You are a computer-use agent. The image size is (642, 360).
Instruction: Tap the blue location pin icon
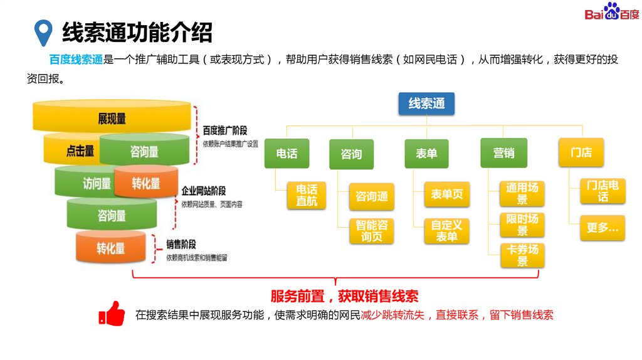coord(43,32)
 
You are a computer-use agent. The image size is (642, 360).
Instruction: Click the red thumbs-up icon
coord(112,314)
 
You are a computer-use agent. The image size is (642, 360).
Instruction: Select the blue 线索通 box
coord(426,103)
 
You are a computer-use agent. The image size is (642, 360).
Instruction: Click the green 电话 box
coord(287,153)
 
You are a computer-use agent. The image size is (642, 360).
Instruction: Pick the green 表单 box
coord(426,153)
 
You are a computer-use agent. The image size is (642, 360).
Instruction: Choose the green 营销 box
coord(503,153)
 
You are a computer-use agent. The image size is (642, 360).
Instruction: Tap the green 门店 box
coord(581,152)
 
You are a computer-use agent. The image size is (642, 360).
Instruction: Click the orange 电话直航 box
coord(307,195)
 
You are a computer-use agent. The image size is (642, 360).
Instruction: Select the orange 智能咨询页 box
coord(372,230)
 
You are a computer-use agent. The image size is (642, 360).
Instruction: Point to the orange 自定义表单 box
coord(447,230)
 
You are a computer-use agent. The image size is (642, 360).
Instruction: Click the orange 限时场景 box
coord(522,225)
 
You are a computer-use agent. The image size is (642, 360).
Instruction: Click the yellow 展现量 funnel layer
coord(112,119)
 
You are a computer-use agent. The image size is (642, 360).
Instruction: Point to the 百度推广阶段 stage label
coord(225,131)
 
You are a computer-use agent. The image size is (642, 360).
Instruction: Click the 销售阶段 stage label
coord(181,245)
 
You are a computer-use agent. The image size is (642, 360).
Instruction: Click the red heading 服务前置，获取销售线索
coord(344,296)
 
